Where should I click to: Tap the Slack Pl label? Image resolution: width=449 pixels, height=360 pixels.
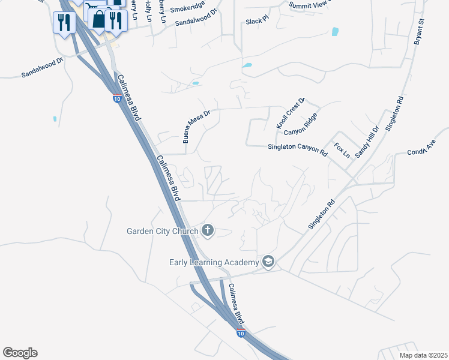tap(256, 21)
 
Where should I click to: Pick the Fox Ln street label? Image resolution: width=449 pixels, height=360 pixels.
tap(342, 149)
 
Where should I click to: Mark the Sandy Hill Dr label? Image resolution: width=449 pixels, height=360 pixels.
tap(367, 142)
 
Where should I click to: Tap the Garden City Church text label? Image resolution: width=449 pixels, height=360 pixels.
tap(162, 230)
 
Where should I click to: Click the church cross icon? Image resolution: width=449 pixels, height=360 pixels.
tap(208, 230)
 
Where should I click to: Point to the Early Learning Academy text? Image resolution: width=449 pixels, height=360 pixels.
tap(213, 262)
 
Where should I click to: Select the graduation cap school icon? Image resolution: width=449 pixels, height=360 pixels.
tap(268, 261)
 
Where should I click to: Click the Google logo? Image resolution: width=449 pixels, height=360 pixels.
tap(20, 353)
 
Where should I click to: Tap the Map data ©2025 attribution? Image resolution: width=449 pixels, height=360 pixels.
tap(423, 355)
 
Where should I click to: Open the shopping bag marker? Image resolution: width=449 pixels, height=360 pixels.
tap(98, 19)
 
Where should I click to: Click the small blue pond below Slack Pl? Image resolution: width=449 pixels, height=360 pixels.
tap(247, 65)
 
